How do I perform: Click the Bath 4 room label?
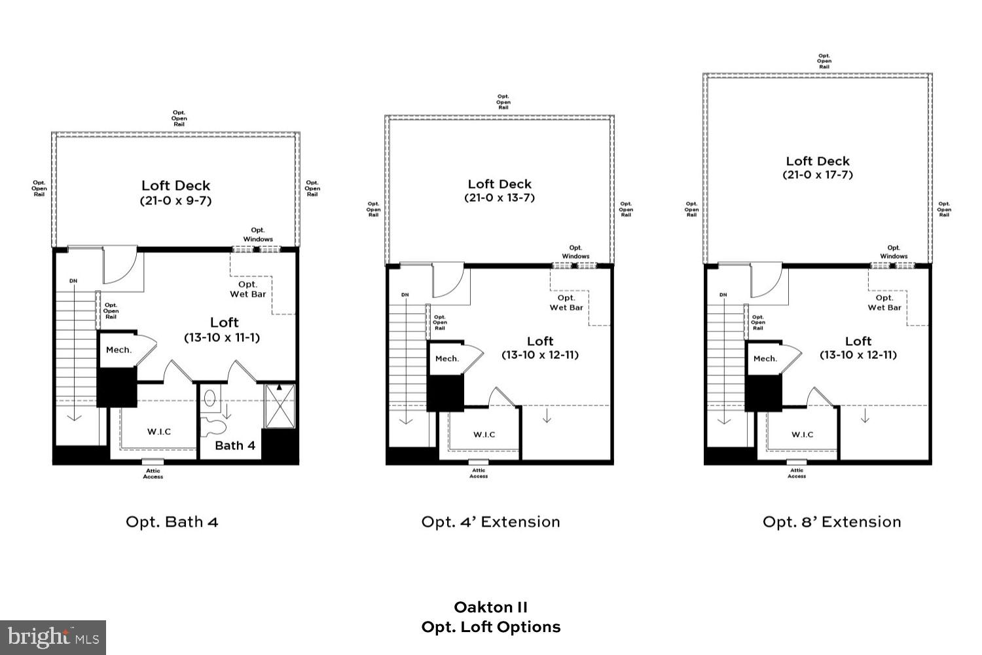[234, 445]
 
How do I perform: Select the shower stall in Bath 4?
[280, 406]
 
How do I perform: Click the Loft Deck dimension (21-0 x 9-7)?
[175, 201]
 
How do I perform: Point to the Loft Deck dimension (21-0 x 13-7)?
[500, 198]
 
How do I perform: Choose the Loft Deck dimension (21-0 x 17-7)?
[818, 175]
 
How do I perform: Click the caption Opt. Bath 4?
[172, 522]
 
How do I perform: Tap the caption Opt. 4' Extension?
[490, 522]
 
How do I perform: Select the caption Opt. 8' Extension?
[831, 522]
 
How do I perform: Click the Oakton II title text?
[490, 607]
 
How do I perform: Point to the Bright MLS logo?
[53, 637]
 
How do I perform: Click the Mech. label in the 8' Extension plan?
[765, 358]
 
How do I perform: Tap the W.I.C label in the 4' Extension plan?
[484, 434]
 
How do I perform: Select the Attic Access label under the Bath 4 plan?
[153, 474]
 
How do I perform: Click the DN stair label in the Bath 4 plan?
[73, 281]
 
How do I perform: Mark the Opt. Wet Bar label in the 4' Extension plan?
[566, 303]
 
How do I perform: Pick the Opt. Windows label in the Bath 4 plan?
[258, 234]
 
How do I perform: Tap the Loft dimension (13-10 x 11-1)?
[221, 338]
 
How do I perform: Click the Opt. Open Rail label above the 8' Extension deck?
[824, 61]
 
